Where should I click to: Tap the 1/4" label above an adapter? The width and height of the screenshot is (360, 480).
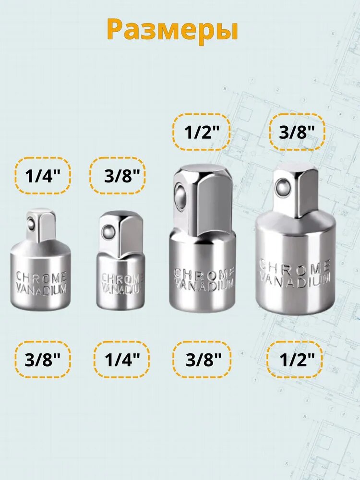tap(43, 176)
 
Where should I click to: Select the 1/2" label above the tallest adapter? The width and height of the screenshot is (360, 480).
tap(202, 132)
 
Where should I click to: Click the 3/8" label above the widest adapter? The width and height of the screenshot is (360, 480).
tap(297, 132)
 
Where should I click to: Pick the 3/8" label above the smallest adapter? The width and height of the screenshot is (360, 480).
tap(122, 176)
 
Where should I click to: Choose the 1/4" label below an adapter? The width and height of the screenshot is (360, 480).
tap(122, 359)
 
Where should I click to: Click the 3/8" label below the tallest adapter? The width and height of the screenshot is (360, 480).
tap(204, 359)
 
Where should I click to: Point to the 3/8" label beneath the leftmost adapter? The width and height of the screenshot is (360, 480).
tap(43, 359)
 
